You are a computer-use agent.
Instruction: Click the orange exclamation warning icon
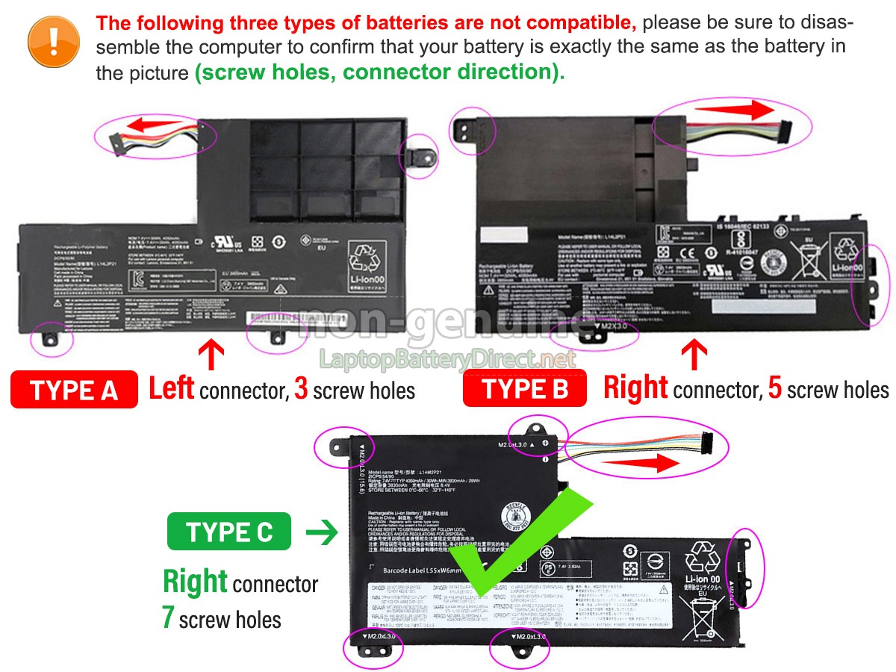[53, 42]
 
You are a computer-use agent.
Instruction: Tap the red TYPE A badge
[75, 390]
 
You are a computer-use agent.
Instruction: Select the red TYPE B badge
[525, 389]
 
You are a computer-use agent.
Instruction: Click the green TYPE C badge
[230, 532]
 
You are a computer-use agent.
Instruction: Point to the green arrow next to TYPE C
[322, 532]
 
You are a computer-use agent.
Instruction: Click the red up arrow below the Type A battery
[211, 354]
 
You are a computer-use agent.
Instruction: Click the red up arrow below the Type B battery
[694, 354]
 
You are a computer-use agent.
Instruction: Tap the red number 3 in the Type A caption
[301, 389]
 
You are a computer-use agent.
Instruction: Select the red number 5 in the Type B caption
[775, 389]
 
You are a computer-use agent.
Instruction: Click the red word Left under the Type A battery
[171, 388]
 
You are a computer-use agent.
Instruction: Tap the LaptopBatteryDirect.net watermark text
[448, 359]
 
